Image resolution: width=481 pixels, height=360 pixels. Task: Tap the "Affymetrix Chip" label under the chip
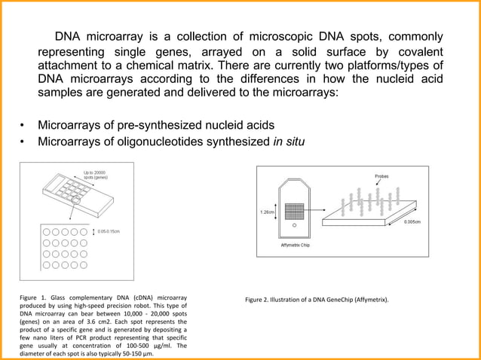tap(295, 245)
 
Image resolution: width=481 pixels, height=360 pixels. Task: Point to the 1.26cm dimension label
tap(267, 212)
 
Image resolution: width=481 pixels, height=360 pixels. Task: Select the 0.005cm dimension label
tap(412, 222)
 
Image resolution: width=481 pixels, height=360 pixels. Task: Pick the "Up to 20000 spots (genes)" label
tap(84, 174)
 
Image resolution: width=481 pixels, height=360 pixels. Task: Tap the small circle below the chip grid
tap(294, 225)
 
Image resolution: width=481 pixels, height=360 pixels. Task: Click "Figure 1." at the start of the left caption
tap(32, 300)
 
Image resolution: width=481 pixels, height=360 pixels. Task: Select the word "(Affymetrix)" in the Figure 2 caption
tap(371, 300)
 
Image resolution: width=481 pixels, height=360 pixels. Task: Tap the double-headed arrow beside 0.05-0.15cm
tap(93, 230)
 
